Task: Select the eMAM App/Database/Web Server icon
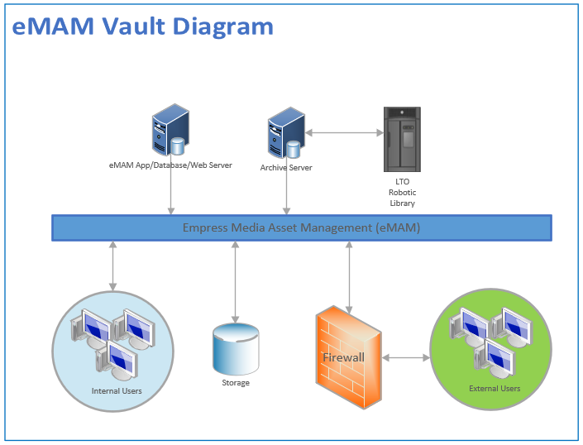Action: click(169, 131)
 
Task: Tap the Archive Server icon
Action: click(284, 135)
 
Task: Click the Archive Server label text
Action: click(286, 167)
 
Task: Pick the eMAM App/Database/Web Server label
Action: click(170, 165)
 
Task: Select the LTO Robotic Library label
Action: click(402, 192)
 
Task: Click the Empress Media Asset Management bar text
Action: click(302, 227)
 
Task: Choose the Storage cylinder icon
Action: click(236, 348)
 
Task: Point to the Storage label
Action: click(236, 383)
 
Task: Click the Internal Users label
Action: click(117, 390)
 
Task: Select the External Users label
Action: click(495, 388)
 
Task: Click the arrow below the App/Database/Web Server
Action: click(170, 193)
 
